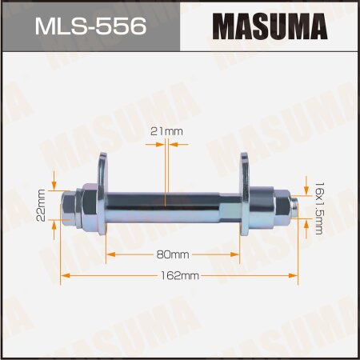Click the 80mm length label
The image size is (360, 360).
pos(174,254)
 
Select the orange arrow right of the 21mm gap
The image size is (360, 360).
pos(176,145)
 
